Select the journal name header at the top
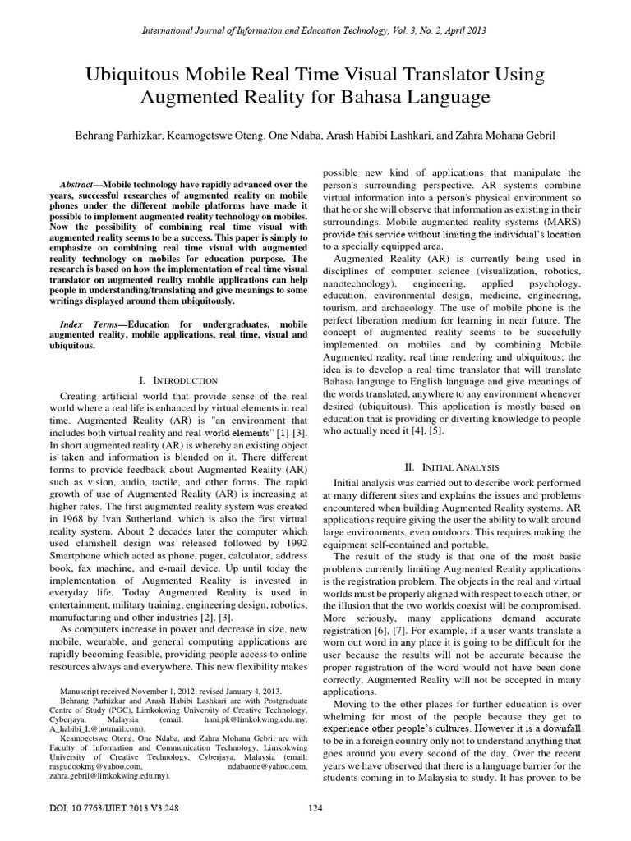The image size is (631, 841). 315,30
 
